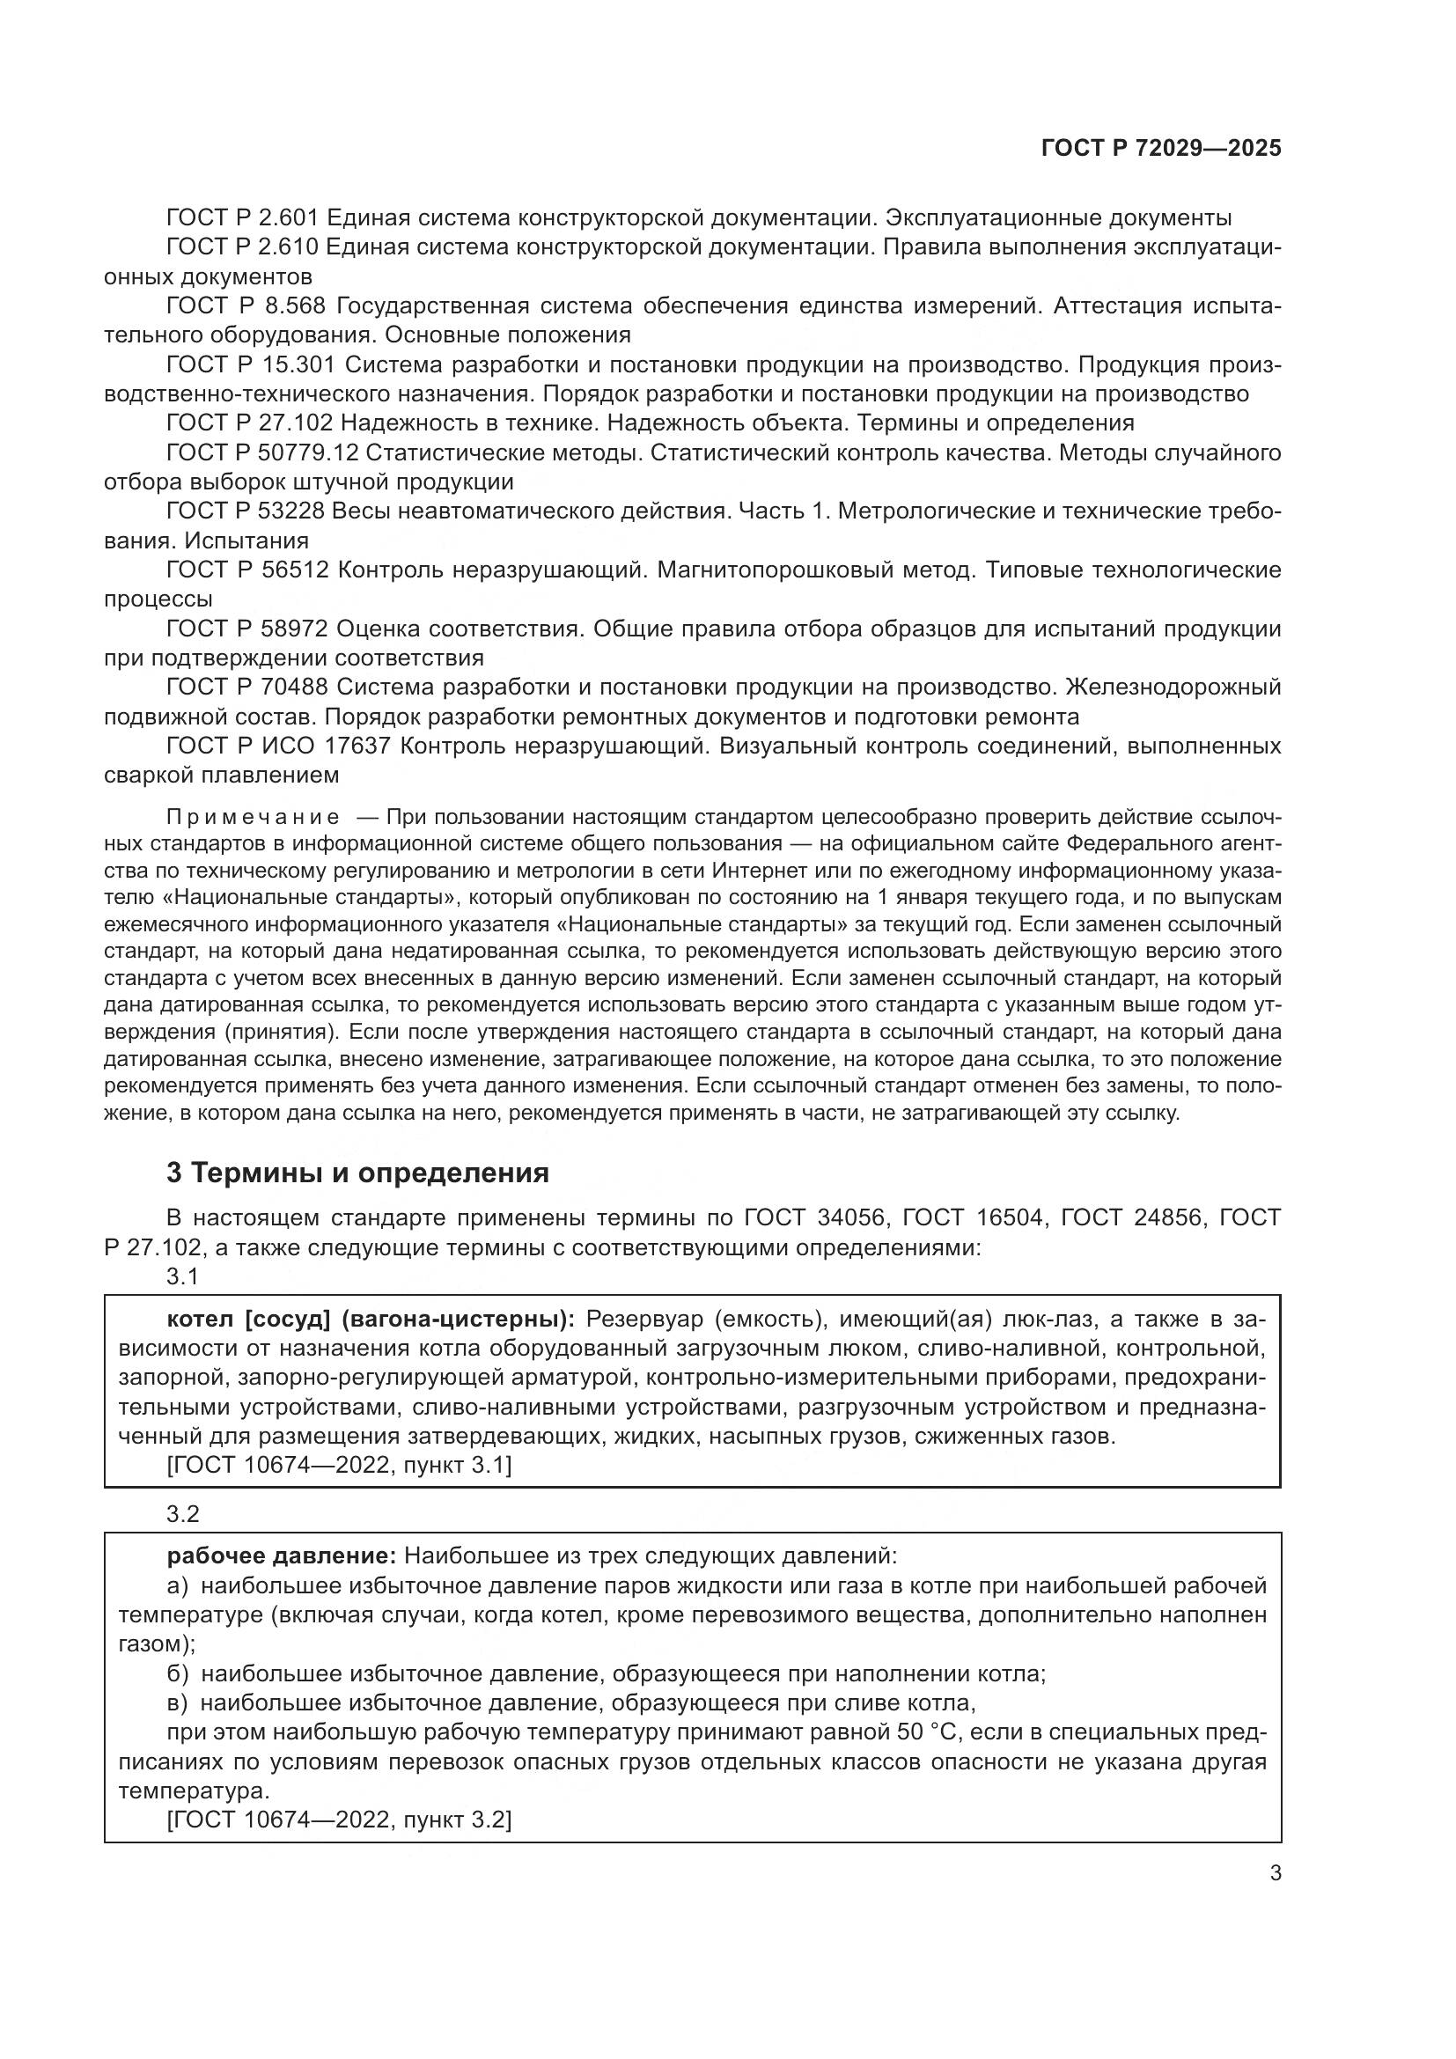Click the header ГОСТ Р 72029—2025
[x=1161, y=149]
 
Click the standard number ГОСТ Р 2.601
[x=242, y=218]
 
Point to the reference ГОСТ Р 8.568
[x=247, y=305]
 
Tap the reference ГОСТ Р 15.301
[x=251, y=365]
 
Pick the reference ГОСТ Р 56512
[x=247, y=570]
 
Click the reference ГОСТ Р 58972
[x=247, y=629]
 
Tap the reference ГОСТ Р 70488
[x=247, y=688]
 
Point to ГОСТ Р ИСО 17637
[x=278, y=746]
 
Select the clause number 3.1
[x=182, y=1276]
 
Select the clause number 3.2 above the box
[x=182, y=1515]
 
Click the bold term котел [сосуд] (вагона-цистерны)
[x=371, y=1320]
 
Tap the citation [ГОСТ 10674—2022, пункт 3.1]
[x=339, y=1466]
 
